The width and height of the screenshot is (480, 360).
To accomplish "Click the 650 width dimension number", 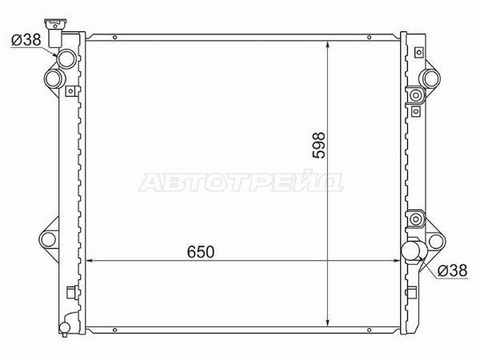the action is (201, 252).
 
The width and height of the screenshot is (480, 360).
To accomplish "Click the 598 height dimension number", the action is (318, 145).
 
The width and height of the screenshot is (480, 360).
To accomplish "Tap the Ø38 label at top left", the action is (26, 40).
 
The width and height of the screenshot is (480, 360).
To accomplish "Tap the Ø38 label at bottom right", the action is (453, 270).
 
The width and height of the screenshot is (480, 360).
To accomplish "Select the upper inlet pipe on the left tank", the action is (66, 58).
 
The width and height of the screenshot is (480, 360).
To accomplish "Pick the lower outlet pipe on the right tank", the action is (411, 250).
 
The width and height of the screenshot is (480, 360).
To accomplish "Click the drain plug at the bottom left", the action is (65, 328).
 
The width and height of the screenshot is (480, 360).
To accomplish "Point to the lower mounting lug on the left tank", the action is (49, 239).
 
